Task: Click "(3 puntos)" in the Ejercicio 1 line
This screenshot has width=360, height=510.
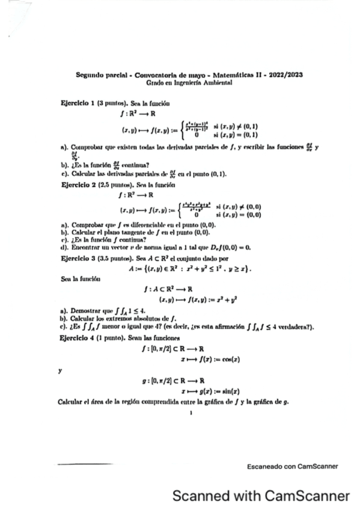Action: [112, 104]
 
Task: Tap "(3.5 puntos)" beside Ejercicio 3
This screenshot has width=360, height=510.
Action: [115, 257]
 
